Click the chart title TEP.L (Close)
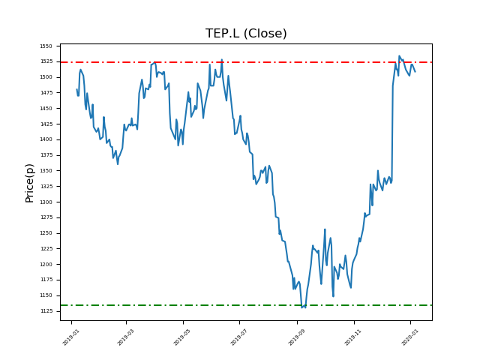(246, 34)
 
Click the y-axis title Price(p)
(30, 183)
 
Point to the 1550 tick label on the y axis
(46, 46)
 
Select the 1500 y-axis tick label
(46, 77)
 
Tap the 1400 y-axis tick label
(46, 139)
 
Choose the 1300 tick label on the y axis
(46, 202)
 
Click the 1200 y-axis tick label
(46, 264)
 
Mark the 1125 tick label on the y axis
(46, 311)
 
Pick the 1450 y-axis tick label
(46, 108)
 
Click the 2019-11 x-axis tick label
(352, 336)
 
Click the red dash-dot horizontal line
(225, 62)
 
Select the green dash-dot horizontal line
(225, 305)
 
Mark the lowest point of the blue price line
(302, 307)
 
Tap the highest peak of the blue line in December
(399, 55)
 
